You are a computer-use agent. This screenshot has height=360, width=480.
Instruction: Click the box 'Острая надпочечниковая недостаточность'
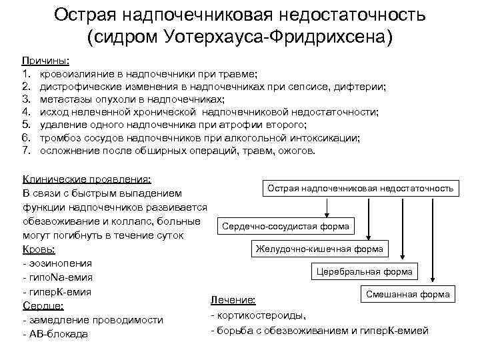click(360, 188)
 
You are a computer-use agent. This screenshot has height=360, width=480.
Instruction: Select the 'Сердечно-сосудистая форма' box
click(285, 227)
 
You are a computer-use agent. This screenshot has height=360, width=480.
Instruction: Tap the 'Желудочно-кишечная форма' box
click(319, 249)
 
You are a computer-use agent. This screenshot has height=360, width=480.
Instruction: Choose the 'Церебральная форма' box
click(365, 272)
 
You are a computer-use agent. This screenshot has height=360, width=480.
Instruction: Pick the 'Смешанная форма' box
click(407, 294)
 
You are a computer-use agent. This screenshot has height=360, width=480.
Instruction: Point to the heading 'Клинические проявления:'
click(87, 179)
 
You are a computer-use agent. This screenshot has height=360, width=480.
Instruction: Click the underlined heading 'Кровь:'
click(39, 249)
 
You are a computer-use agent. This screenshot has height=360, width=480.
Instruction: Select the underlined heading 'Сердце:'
click(43, 305)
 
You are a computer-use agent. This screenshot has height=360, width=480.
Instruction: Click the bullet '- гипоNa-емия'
click(58, 277)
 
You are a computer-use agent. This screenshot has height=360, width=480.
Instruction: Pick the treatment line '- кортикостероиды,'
click(259, 315)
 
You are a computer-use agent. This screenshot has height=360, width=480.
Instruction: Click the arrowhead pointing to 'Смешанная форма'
click(435, 281)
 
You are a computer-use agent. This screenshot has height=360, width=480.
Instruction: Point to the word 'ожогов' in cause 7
click(297, 151)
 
